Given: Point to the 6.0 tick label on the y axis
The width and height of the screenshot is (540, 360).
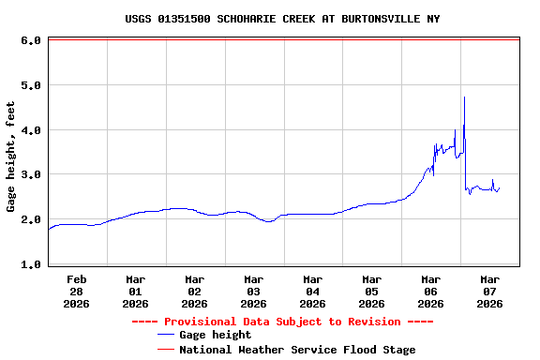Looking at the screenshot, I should click(29, 40).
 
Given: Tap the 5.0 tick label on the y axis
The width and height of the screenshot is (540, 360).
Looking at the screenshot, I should click(29, 85).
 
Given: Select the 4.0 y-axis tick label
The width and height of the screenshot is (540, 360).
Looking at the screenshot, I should click(29, 130).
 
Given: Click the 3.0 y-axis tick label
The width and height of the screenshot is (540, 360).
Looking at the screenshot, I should click(29, 174).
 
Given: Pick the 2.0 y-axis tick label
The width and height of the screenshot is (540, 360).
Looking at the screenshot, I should click(29, 219).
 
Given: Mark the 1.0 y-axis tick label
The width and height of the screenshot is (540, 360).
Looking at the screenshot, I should click(29, 264).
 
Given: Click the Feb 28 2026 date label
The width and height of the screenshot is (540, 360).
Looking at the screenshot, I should click(77, 291).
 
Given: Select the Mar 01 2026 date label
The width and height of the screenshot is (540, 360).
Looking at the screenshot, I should click(136, 291).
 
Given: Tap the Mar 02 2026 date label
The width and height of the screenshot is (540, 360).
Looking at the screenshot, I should click(195, 291).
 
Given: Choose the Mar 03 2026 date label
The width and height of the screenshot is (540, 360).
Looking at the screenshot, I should click(254, 291).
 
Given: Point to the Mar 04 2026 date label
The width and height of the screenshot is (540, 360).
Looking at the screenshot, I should click(313, 291).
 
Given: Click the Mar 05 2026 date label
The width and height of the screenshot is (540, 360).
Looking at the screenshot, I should click(372, 291).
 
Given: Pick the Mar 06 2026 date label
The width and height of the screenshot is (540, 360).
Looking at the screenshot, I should click(431, 291).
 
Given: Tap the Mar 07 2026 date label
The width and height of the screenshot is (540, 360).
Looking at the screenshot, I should click(490, 291).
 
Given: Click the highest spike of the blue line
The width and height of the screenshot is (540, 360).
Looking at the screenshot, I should click(464, 97).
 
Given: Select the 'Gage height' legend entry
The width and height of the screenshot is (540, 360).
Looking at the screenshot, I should click(215, 335).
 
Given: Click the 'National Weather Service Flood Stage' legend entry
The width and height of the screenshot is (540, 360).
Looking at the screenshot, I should click(296, 349).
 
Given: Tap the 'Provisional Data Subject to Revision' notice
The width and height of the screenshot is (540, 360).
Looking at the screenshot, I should click(282, 321).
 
